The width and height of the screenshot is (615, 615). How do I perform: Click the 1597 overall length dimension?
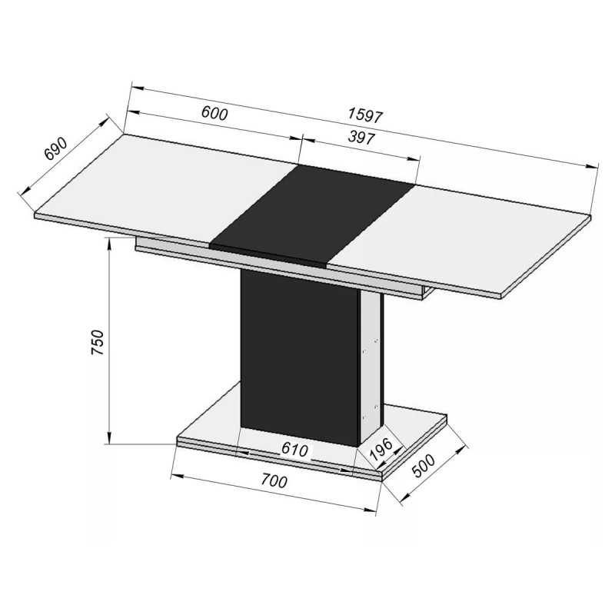tap(364, 115)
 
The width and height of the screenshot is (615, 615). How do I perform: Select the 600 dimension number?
tap(214, 114)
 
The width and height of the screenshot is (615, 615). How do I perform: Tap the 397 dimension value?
tap(361, 138)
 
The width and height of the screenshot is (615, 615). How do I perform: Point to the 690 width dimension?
tap(55, 149)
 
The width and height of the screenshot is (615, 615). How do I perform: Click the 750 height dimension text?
tap(98, 342)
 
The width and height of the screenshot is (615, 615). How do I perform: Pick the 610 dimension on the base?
tap(294, 450)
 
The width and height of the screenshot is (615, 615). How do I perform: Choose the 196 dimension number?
tap(381, 450)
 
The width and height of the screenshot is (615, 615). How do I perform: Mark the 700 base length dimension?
tap(274, 481)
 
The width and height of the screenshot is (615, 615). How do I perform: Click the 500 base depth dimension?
tap(424, 467)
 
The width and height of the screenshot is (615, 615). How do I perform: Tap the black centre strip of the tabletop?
tap(312, 214)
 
